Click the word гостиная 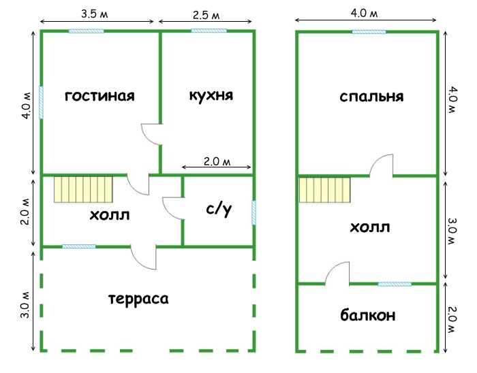pos(99,96)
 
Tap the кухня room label pos(211,95)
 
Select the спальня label pos(371,97)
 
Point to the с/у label pos(219,209)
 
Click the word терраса pos(138,299)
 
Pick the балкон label pos(368,314)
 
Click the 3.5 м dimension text pos(94,14)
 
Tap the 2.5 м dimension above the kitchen pos(206,15)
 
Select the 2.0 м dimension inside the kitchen pos(217,161)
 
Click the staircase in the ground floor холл pos(83,189)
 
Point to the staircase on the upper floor pos(324,190)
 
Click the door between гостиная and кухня pos(151,135)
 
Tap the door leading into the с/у pos(173,208)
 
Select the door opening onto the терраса pos(144,257)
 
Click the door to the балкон pos(337,274)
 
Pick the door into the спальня pos(381,165)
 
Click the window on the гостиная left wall pos(41,103)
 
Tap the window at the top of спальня pos(369,31)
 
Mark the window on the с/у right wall pos(253,212)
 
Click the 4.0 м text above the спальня pos(365,14)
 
